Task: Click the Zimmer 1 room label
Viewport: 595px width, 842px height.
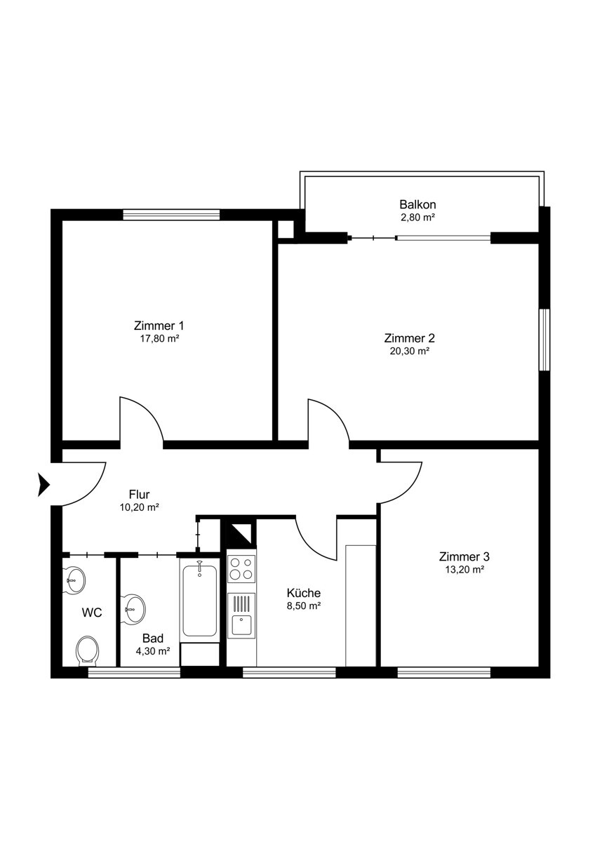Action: click(159, 325)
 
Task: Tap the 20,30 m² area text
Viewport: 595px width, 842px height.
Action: click(410, 351)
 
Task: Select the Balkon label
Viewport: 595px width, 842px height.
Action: click(417, 204)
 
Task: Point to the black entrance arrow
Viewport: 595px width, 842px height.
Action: click(44, 485)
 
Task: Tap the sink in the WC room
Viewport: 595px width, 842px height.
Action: click(74, 581)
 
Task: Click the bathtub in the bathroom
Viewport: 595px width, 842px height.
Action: click(199, 601)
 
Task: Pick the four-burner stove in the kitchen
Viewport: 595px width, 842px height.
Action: click(241, 569)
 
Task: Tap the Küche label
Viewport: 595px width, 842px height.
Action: click(303, 593)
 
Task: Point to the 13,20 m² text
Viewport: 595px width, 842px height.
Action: click(464, 570)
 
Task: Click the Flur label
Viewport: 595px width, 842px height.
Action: click(139, 494)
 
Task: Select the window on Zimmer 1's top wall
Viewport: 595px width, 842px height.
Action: click(171, 215)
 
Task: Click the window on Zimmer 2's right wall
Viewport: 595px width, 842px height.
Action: click(544, 340)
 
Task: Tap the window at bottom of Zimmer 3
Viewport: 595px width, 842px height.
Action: click(444, 672)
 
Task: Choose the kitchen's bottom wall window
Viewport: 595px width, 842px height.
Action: click(289, 672)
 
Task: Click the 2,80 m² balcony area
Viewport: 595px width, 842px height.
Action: click(417, 218)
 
